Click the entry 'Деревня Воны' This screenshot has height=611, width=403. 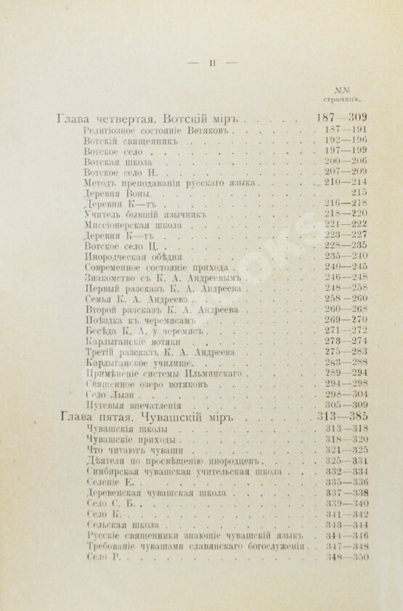click(x=119, y=194)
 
